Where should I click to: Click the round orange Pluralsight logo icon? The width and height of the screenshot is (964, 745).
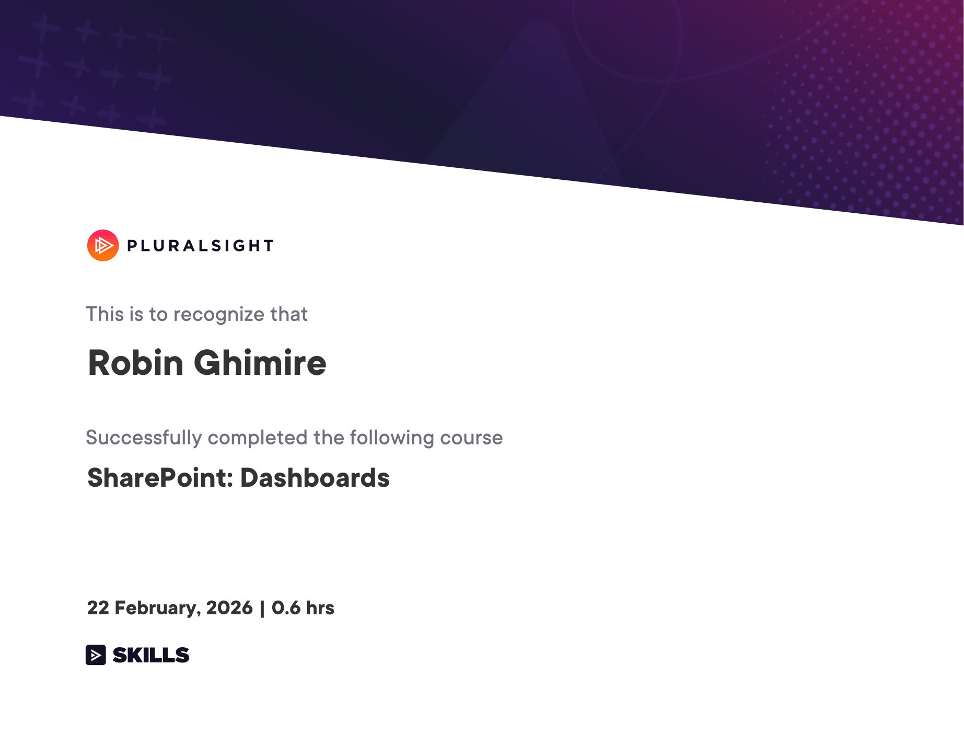click(103, 245)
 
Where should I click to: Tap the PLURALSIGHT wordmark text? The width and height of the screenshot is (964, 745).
click(201, 246)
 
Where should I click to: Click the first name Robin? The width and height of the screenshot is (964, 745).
click(136, 363)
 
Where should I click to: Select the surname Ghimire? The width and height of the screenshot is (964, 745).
click(260, 363)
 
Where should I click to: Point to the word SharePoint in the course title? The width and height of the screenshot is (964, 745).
click(160, 478)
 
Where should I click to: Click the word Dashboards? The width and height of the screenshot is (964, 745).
click(315, 478)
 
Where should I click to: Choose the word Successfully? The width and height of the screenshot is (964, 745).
click(144, 438)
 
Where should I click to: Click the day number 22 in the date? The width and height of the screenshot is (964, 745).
click(98, 608)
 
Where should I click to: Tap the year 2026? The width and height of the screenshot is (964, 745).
click(229, 608)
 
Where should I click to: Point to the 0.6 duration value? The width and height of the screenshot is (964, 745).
click(286, 608)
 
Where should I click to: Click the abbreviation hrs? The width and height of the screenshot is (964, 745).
click(320, 608)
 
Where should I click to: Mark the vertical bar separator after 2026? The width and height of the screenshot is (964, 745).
click(262, 609)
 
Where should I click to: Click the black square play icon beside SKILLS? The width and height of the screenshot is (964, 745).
click(96, 655)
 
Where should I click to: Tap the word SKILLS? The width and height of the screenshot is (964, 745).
click(151, 655)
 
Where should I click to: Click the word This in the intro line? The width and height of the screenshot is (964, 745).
click(105, 314)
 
